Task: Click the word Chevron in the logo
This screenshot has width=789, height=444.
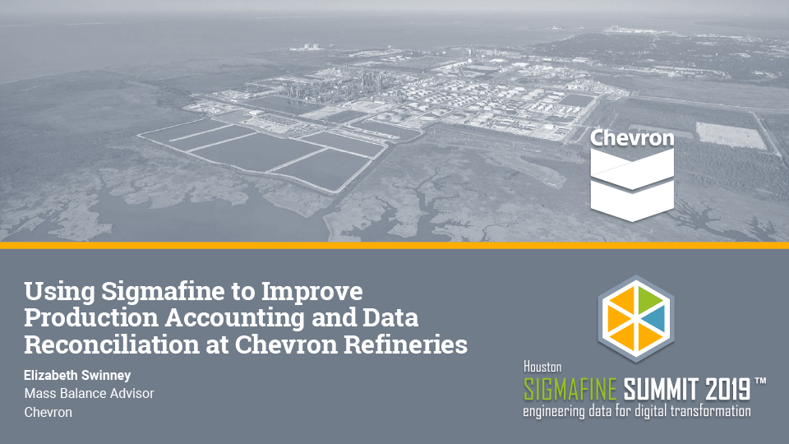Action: pos(632,138)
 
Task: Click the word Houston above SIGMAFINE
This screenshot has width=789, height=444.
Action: pos(542,368)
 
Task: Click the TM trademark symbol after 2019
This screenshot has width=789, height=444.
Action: pos(760,382)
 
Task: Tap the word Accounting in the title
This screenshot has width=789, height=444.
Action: pos(243,318)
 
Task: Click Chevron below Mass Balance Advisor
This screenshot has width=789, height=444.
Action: pos(48,412)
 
